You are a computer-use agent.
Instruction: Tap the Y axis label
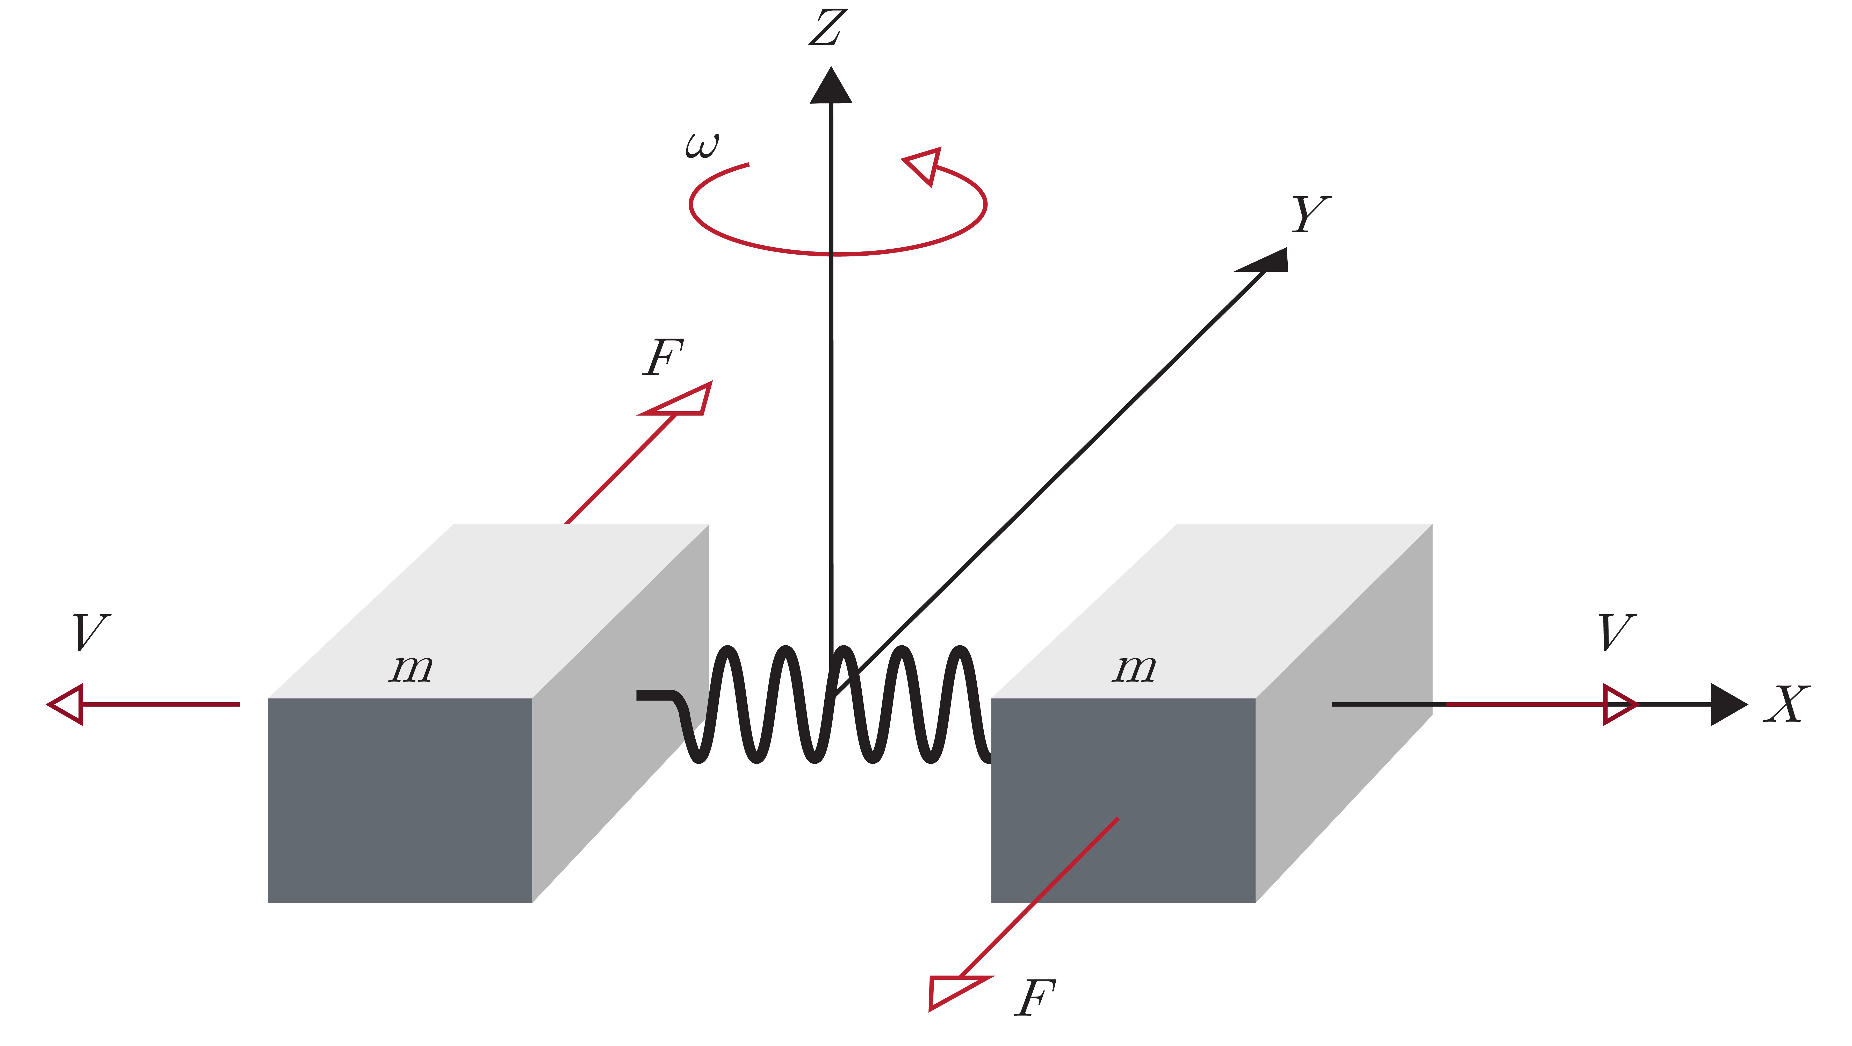click(1310, 214)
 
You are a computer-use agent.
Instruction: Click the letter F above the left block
click(662, 357)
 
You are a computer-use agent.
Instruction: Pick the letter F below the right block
click(1035, 998)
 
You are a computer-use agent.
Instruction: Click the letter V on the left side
click(91, 633)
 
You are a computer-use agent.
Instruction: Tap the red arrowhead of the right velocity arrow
click(1619, 704)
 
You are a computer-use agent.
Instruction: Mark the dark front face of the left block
click(400, 799)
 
